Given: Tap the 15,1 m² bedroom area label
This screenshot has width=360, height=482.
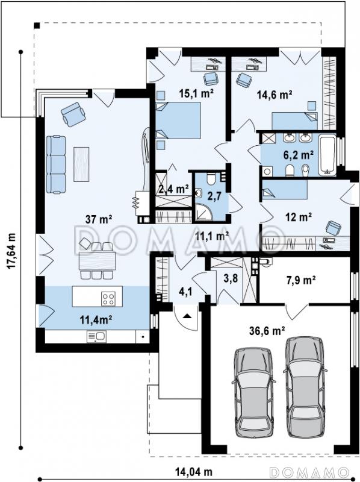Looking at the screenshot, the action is (x=197, y=93).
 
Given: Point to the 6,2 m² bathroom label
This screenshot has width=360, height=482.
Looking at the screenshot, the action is (x=298, y=155).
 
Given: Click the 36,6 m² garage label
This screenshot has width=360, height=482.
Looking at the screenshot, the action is (x=267, y=330).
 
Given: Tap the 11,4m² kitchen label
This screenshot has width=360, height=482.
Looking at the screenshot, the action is (x=96, y=320).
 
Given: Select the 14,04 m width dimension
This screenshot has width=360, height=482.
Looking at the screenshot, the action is (x=194, y=471).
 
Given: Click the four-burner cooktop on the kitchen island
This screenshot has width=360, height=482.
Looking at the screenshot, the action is (x=108, y=298).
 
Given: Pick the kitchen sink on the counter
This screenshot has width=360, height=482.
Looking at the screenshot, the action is (x=96, y=337).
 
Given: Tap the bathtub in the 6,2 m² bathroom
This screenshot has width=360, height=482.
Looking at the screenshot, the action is (x=327, y=155).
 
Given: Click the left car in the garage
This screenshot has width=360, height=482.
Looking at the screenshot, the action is (x=253, y=392).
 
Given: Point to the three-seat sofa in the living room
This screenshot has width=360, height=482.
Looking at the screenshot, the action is (x=56, y=164).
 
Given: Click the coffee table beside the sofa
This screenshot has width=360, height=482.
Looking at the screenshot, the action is (x=82, y=164).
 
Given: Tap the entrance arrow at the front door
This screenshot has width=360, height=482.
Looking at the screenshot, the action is (x=188, y=316).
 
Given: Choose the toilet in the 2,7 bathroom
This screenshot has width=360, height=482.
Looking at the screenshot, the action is (x=211, y=178).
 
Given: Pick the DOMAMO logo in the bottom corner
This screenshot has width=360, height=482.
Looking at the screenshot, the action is (x=310, y=471).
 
